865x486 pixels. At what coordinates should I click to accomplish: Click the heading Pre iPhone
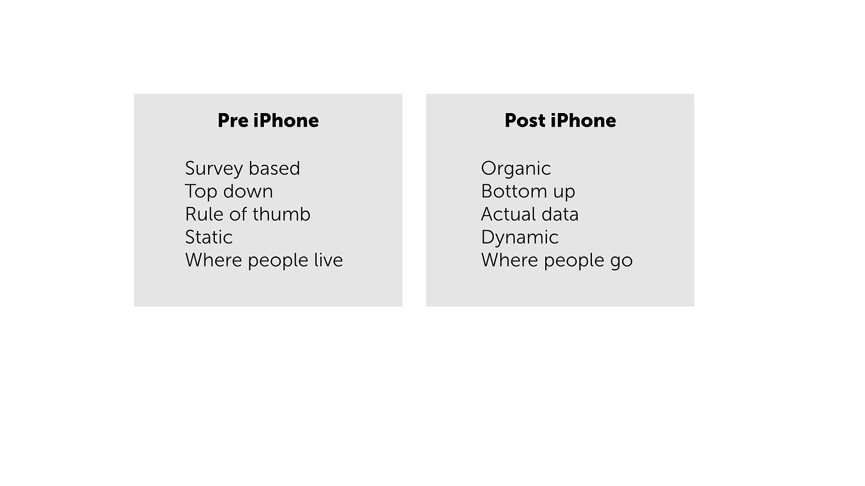point(268,121)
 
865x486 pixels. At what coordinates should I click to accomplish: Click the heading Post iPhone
point(560,121)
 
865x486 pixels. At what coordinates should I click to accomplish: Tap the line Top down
point(229,191)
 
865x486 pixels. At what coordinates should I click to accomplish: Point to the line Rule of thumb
point(248,214)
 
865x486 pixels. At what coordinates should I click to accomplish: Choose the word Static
point(209,237)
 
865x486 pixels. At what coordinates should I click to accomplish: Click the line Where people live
point(263,260)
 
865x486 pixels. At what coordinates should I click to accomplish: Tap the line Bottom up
point(528,191)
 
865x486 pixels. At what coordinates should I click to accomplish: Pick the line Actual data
point(530,214)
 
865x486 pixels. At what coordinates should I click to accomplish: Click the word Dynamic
point(520,237)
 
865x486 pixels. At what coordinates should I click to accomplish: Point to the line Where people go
point(557,260)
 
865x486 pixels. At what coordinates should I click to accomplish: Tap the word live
point(328,260)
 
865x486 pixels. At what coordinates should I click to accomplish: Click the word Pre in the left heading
point(233,121)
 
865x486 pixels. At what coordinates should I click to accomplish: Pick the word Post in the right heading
point(525,121)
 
